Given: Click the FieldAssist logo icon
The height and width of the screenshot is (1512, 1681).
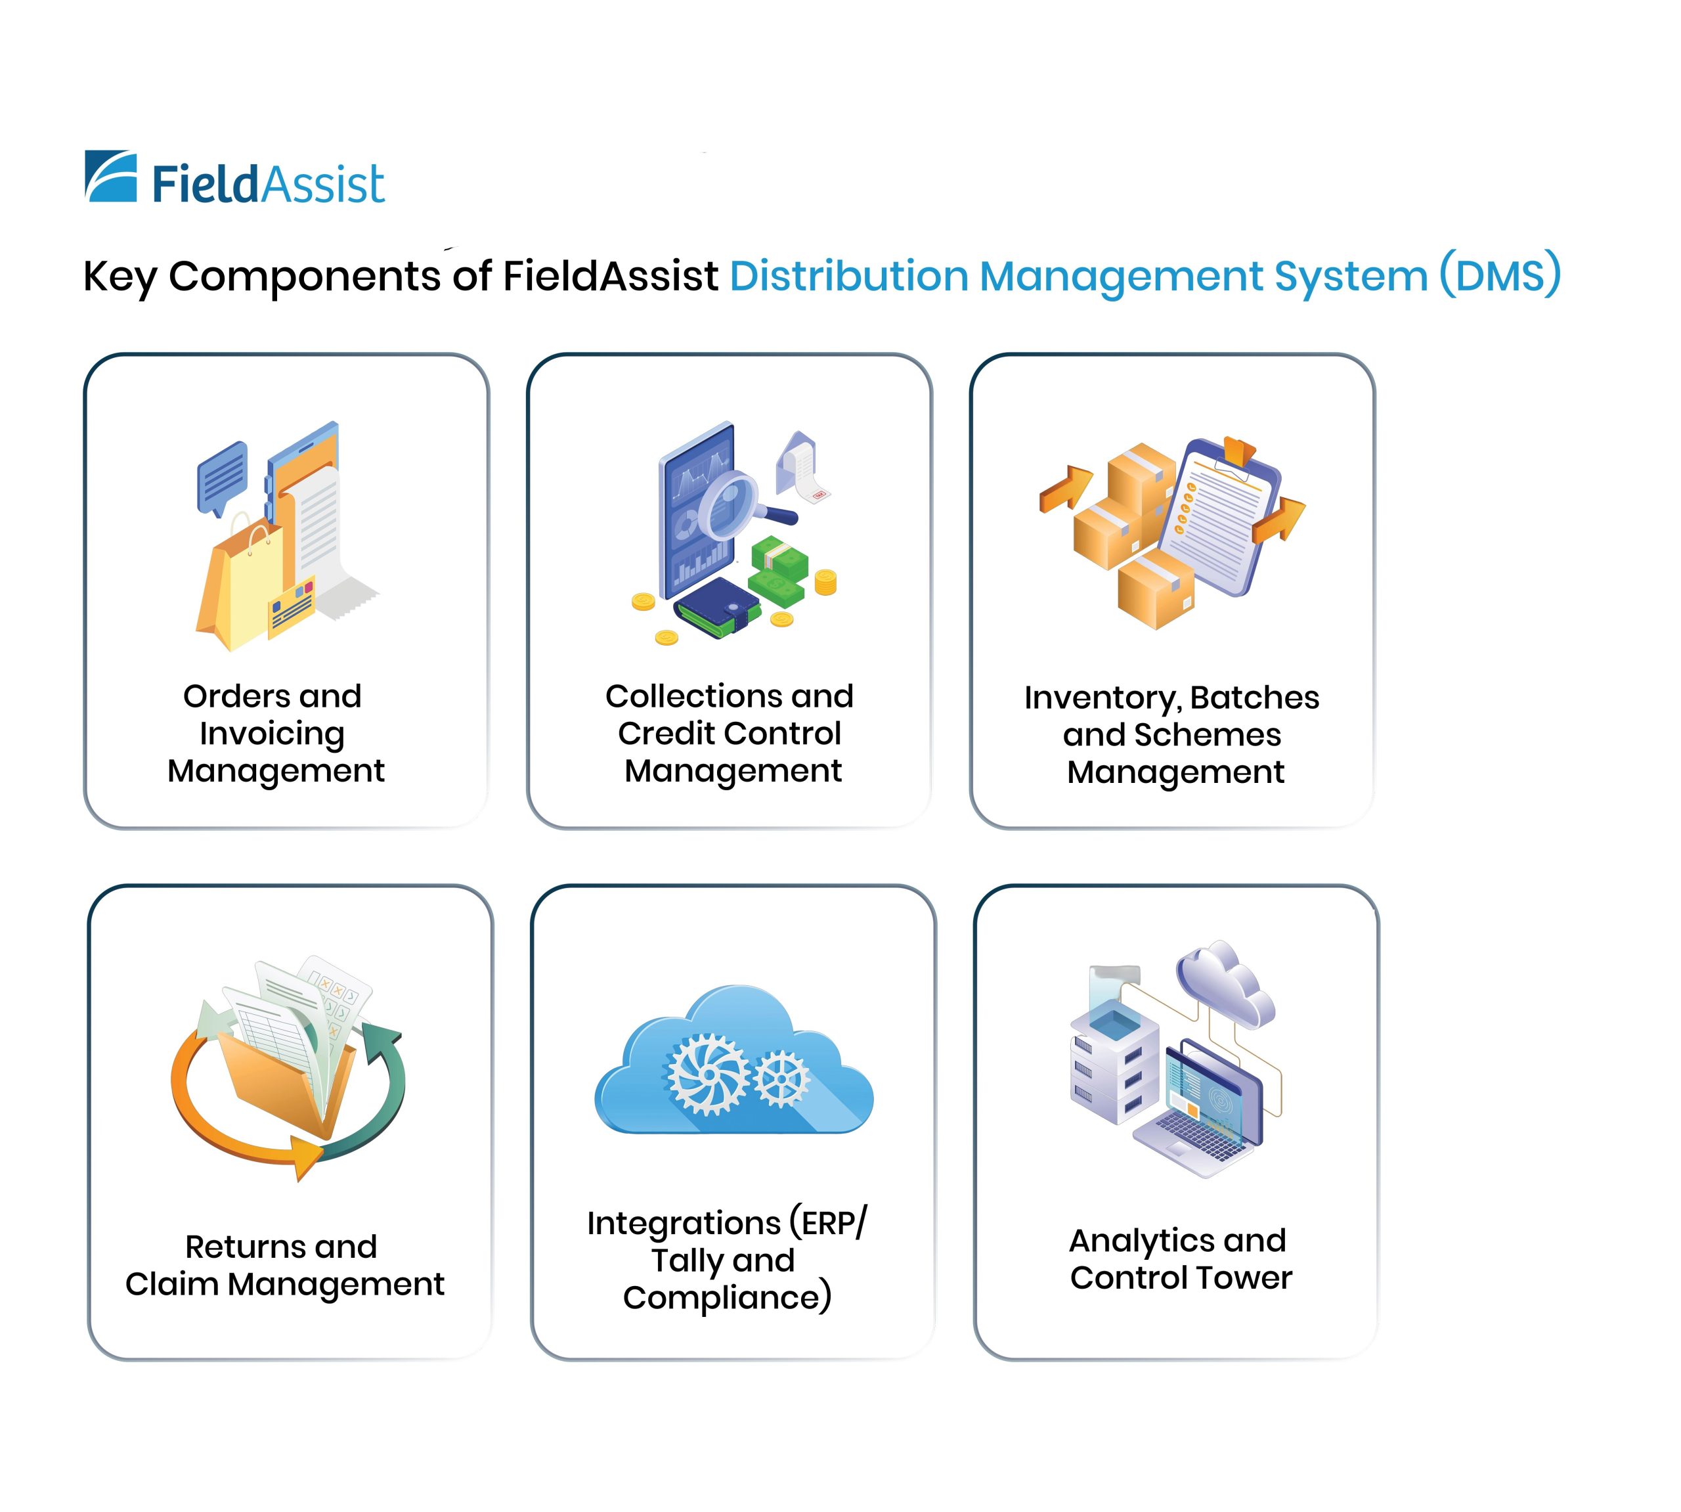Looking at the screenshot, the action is (110, 176).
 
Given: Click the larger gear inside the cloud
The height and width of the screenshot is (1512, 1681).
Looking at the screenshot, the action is (709, 1073).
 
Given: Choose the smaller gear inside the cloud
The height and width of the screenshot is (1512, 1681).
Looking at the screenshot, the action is (781, 1078).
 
